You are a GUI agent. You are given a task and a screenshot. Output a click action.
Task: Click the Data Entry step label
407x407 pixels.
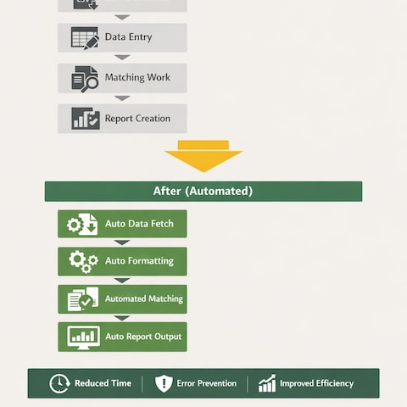tap(129, 37)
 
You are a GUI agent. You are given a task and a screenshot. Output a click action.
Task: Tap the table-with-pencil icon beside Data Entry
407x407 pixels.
tap(85, 38)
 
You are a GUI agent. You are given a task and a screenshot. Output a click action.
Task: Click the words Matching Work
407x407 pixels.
tap(137, 77)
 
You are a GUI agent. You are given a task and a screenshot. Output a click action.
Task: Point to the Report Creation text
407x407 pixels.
tap(137, 119)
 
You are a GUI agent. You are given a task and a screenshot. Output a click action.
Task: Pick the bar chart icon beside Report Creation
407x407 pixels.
tap(86, 119)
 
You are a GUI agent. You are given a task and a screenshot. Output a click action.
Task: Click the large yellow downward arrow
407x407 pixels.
tap(203, 156)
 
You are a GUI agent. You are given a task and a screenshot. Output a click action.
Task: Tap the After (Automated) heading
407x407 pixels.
tap(203, 191)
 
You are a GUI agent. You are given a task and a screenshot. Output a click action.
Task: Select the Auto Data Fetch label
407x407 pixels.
tap(139, 224)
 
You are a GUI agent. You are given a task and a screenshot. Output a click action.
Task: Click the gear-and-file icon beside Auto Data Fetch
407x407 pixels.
tap(82, 225)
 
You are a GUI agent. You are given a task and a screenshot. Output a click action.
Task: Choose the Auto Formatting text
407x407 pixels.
tap(139, 261)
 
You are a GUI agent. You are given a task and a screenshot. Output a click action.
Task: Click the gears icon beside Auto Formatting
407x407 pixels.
tap(83, 262)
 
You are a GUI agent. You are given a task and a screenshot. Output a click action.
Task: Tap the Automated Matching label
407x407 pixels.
tap(144, 298)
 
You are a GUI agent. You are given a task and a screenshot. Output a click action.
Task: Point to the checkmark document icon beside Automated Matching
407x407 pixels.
tap(83, 299)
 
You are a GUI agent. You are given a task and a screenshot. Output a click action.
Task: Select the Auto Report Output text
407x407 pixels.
tap(143, 337)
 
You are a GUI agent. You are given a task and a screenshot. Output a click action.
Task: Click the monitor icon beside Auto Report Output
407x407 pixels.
tap(84, 337)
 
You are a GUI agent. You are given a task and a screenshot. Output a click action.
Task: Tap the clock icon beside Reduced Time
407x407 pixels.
tap(59, 383)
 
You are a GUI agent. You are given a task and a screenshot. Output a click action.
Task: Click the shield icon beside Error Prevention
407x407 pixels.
tap(164, 383)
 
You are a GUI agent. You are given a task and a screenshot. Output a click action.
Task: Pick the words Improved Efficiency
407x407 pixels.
tap(317, 383)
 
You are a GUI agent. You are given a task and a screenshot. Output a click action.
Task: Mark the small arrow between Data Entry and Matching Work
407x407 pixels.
tap(122, 58)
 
